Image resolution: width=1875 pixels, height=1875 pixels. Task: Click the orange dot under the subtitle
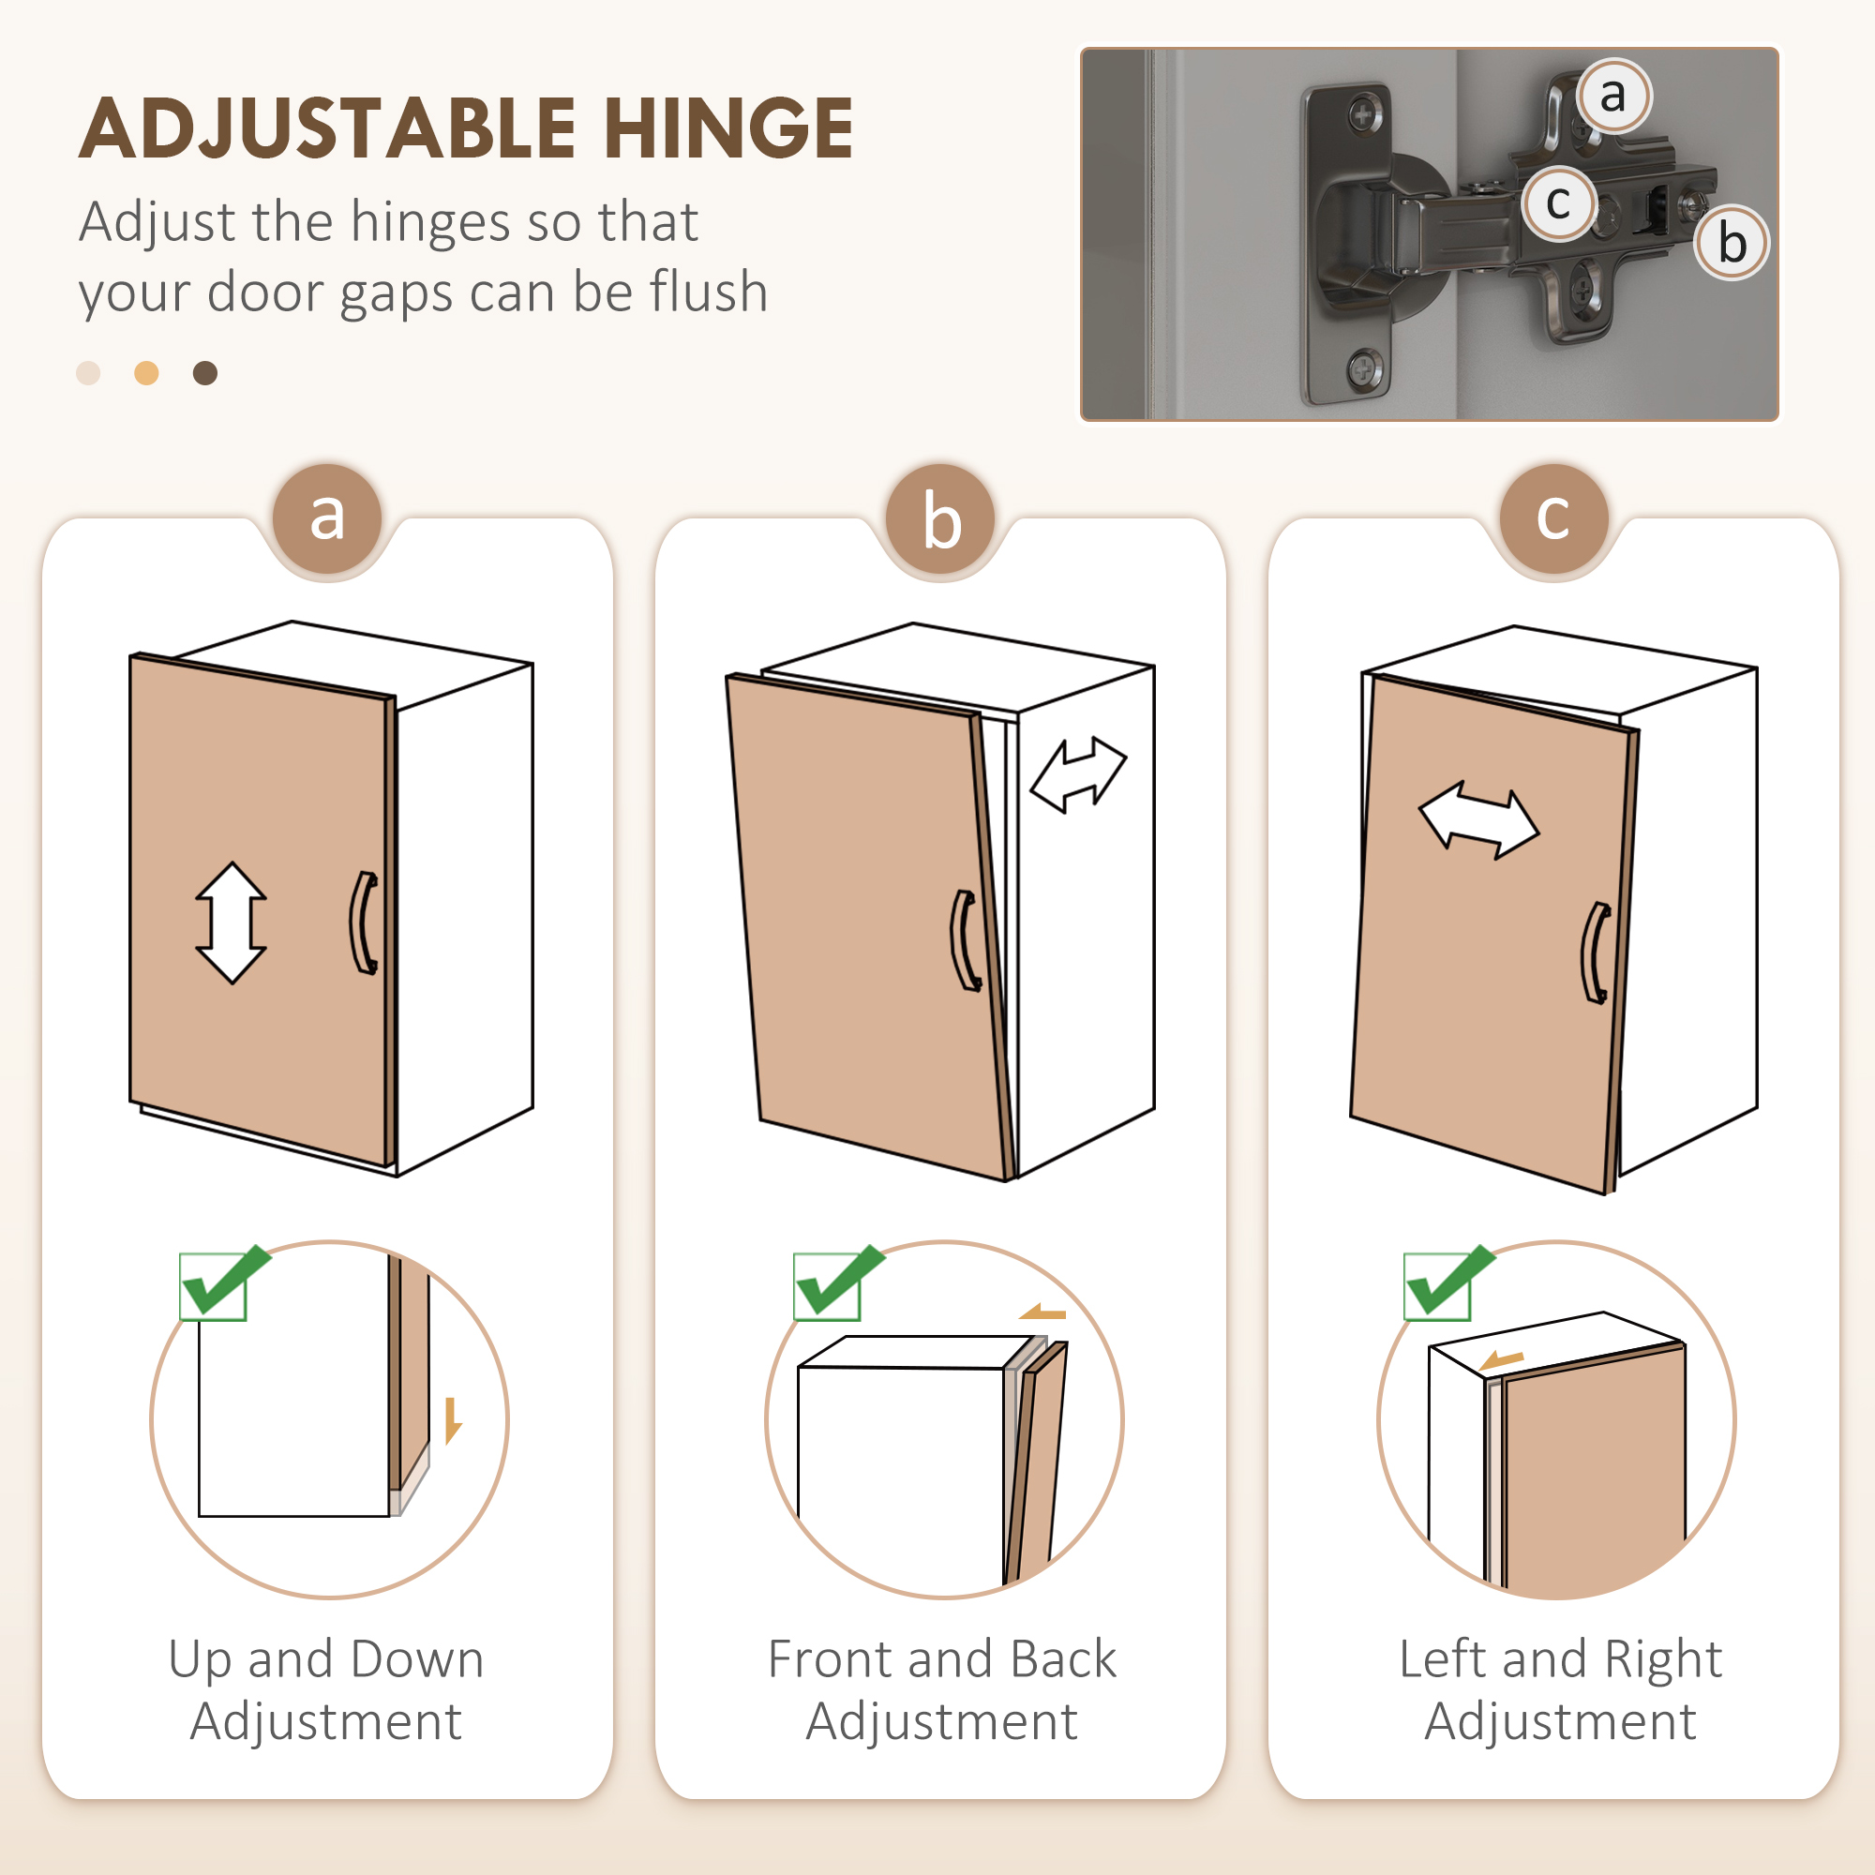pyautogui.click(x=146, y=373)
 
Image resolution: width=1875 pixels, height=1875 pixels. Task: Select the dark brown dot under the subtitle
pyautogui.click(x=204, y=373)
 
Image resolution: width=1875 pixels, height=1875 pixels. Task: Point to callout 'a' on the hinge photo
pyautogui.click(x=1612, y=95)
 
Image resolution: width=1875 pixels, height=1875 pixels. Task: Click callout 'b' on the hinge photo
pyautogui.click(x=1732, y=243)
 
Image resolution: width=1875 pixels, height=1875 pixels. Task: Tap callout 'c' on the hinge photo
pyautogui.click(x=1557, y=202)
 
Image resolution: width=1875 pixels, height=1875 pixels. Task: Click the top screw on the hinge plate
pyautogui.click(x=1364, y=117)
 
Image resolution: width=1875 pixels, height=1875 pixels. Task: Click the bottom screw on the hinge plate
pyautogui.click(x=1364, y=368)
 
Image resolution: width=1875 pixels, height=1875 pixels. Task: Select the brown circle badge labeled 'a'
pyautogui.click(x=327, y=518)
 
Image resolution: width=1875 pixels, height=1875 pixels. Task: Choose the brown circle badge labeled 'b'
pyautogui.click(x=940, y=518)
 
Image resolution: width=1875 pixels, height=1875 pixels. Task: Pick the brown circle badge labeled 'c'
pyautogui.click(x=1553, y=518)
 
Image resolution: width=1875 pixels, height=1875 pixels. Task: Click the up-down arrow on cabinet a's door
pyautogui.click(x=231, y=922)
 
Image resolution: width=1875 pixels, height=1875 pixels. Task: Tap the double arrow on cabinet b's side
pyautogui.click(x=1078, y=773)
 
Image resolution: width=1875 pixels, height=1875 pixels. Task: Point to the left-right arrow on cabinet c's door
pyautogui.click(x=1478, y=820)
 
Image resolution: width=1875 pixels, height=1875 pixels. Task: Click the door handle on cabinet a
pyautogui.click(x=364, y=922)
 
